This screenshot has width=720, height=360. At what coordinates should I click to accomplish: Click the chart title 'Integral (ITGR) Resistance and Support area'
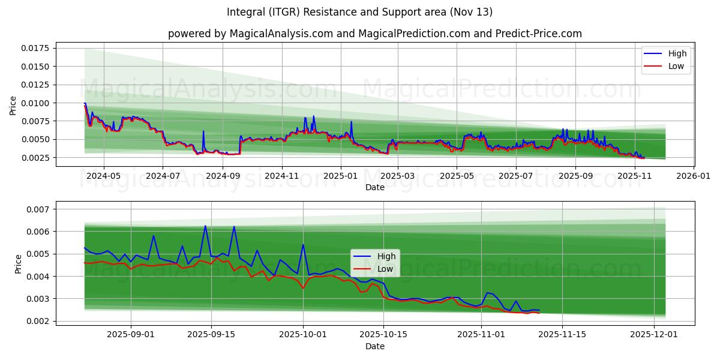pyautogui.click(x=360, y=12)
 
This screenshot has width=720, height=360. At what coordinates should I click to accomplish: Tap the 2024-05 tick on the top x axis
pyautogui.click(x=104, y=176)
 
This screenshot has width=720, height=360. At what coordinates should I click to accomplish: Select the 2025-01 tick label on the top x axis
pyautogui.click(x=340, y=176)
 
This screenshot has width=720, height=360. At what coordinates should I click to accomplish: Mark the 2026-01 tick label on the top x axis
pyautogui.click(x=694, y=176)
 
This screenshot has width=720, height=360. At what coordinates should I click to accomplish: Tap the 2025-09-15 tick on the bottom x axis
pyautogui.click(x=212, y=335)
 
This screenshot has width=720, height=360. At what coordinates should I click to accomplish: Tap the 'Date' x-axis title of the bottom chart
pyautogui.click(x=375, y=346)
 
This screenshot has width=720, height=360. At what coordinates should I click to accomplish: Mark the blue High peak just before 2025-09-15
pyautogui.click(x=205, y=226)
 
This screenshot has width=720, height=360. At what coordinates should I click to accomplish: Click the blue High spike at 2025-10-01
pyautogui.click(x=303, y=245)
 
